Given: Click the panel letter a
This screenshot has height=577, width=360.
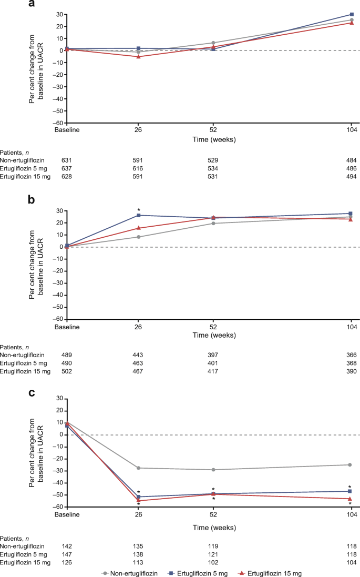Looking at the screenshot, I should click(32, 5).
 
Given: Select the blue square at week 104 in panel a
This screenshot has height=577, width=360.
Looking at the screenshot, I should click(351, 15).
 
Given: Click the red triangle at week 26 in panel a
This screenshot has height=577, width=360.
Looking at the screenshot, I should click(138, 56).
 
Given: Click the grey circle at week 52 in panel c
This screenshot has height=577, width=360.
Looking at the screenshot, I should click(213, 470).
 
